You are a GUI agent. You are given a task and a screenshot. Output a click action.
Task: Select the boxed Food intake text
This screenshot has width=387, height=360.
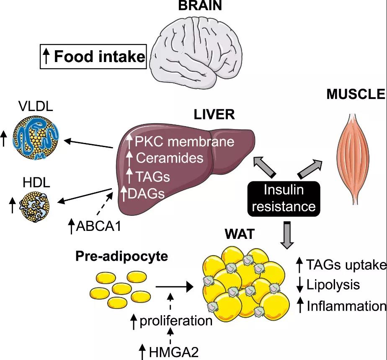94,56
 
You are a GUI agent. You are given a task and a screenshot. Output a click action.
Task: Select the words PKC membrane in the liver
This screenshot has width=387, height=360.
184,141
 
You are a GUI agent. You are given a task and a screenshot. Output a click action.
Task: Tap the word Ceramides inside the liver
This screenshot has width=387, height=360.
170,158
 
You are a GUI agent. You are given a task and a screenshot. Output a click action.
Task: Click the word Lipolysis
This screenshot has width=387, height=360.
333,285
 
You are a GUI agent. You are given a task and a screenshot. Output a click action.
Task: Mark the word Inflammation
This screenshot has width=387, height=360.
346,306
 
